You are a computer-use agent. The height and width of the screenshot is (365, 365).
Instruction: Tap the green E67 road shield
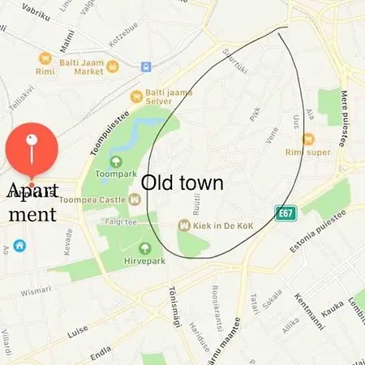(284, 213)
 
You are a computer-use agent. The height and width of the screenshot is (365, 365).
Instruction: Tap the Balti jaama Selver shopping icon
(137, 96)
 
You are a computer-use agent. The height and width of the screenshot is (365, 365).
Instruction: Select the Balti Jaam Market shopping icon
(45, 58)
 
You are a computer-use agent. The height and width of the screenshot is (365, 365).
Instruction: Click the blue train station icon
(145, 67)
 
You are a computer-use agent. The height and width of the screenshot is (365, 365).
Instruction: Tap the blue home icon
(19, 245)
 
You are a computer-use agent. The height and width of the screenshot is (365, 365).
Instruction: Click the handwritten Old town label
(182, 182)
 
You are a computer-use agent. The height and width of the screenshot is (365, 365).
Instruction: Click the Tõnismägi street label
(173, 304)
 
